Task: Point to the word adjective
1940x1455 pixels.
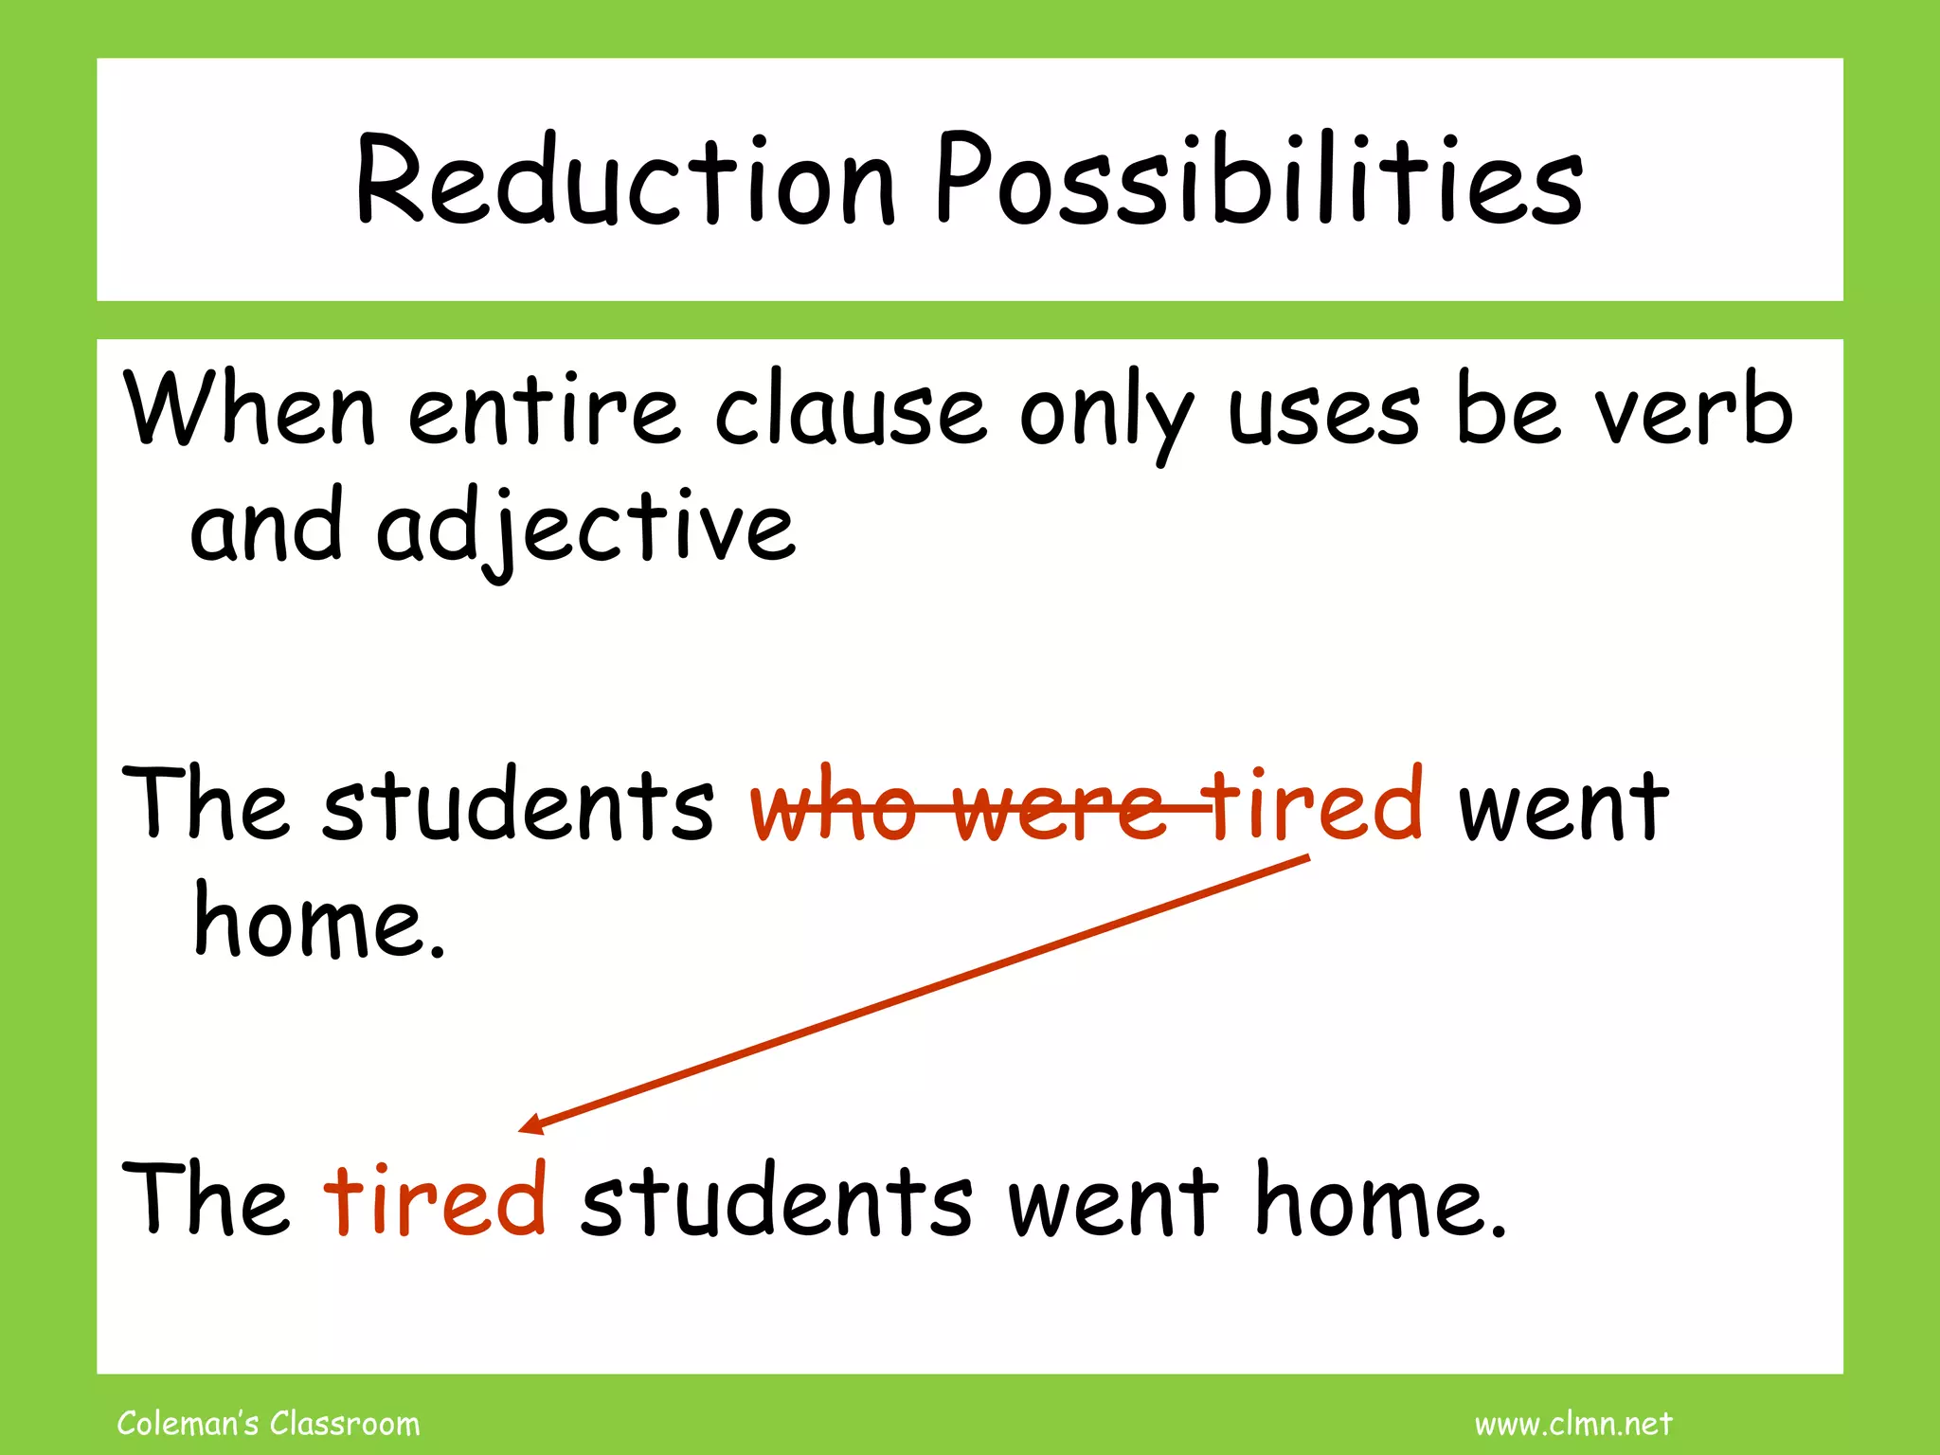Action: click(x=585, y=529)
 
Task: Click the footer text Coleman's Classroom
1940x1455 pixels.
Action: click(x=268, y=1424)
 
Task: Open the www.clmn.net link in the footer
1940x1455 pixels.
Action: click(x=1573, y=1424)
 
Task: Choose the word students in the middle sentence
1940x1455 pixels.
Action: click(x=518, y=807)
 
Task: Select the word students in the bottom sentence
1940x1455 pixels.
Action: click(x=776, y=1201)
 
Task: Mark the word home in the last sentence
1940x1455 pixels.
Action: click(x=1379, y=1201)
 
